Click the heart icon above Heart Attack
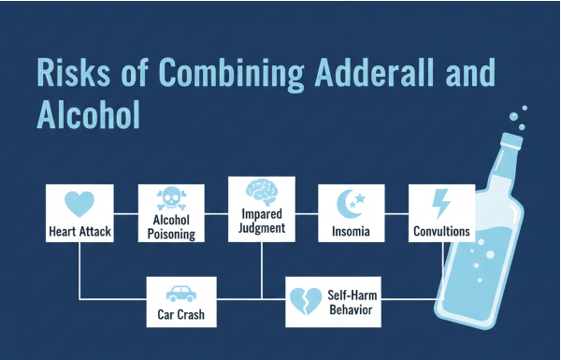pos(79,205)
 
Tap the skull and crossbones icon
pos(171,200)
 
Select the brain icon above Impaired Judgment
pos(262,192)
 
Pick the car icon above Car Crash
pos(180,295)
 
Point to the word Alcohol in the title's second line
pos(89,113)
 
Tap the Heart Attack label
pos(79,230)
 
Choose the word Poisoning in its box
pos(171,236)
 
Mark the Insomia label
pos(352,230)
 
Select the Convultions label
pos(441,230)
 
